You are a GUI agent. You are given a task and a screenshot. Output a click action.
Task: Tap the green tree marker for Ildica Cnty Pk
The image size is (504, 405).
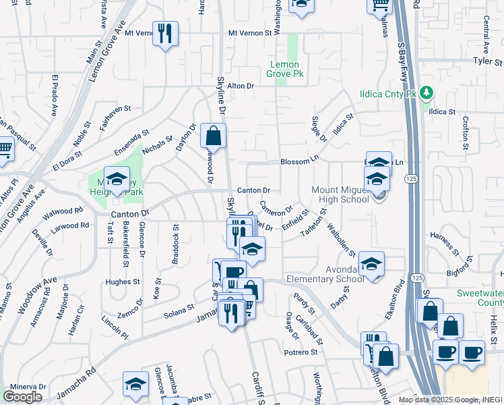point(426,92)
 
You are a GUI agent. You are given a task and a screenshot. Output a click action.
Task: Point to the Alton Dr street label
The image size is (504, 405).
point(241,86)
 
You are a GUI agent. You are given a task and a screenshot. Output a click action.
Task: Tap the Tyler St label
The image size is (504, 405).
point(488,61)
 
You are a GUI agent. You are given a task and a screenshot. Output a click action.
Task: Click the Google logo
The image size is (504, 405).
point(22,397)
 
